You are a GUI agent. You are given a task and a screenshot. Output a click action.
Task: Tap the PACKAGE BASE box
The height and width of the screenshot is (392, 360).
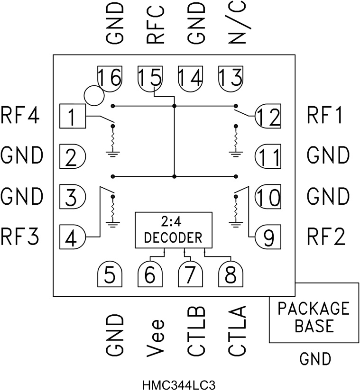click(x=314, y=312)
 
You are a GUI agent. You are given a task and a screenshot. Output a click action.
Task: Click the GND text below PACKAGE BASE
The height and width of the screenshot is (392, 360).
click(x=315, y=359)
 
